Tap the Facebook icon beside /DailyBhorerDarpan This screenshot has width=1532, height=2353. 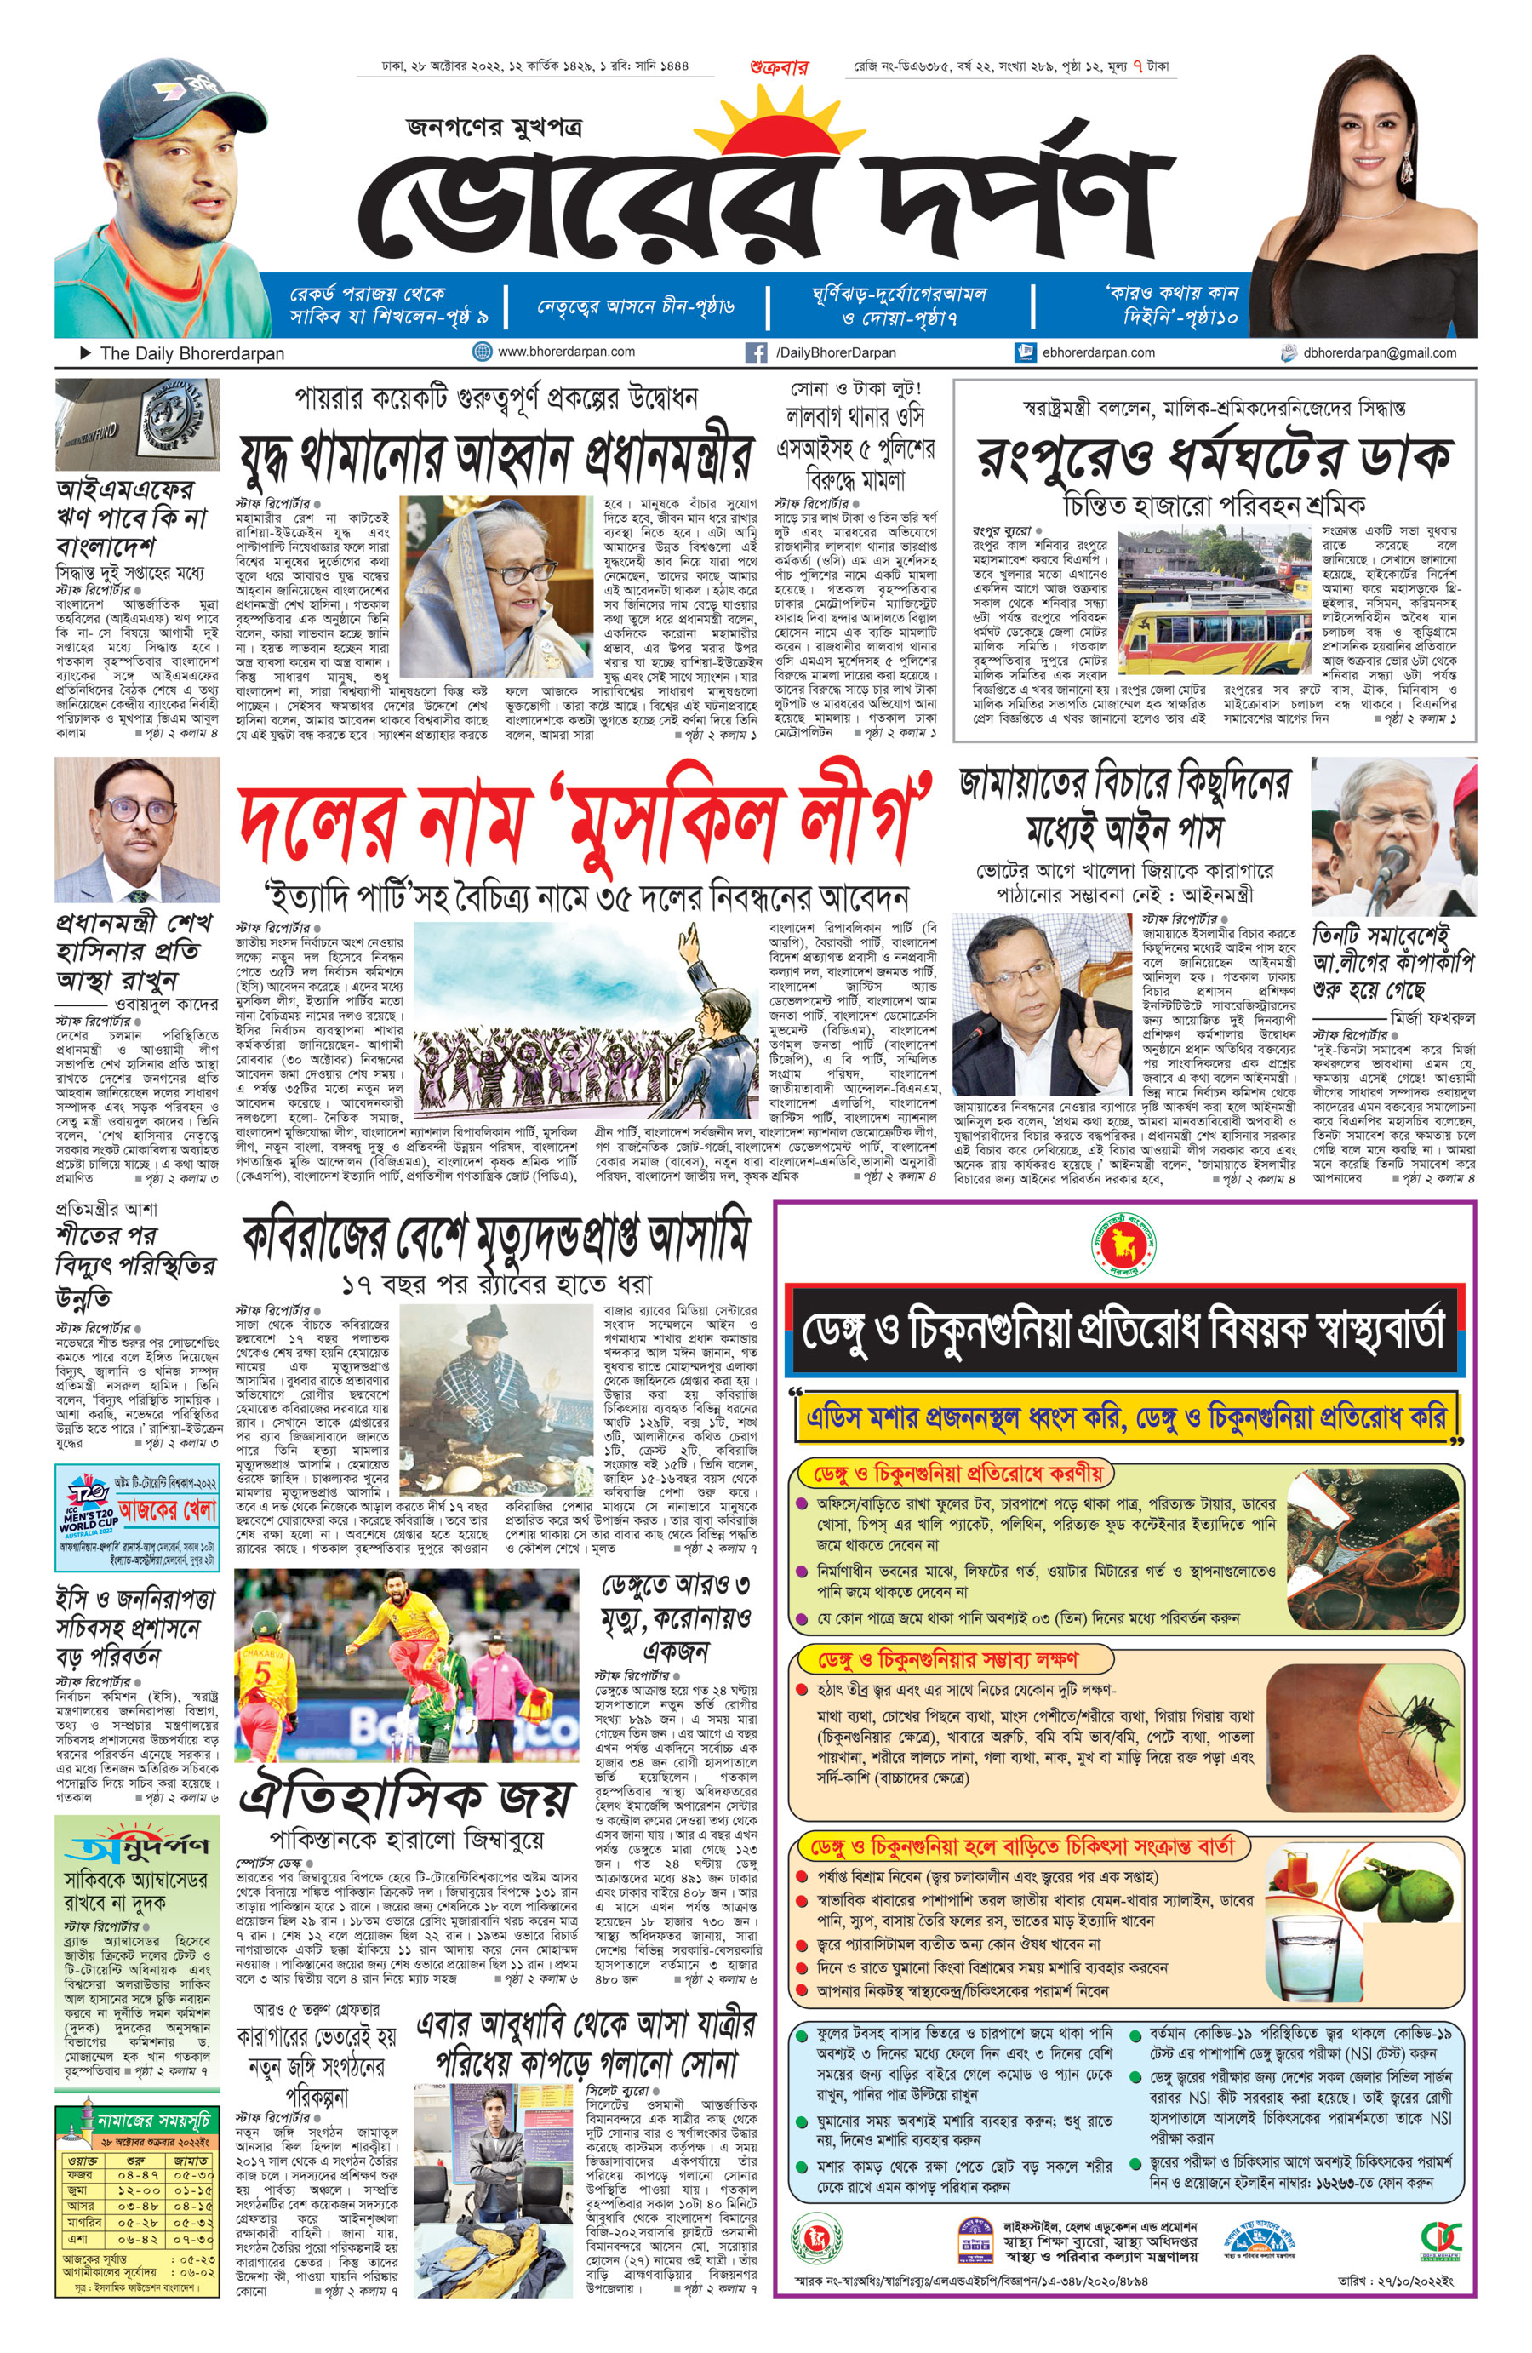coord(756,353)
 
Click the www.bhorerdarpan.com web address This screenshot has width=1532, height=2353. coord(566,352)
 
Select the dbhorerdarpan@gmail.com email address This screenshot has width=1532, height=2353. coord(1379,353)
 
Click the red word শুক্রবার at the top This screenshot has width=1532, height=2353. coord(779,67)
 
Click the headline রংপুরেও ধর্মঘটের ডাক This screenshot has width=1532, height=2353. coord(1215,457)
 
